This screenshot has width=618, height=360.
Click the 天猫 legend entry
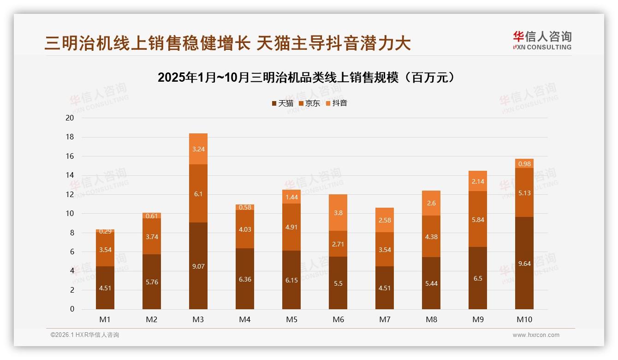(x=282, y=103)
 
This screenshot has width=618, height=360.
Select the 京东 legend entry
(x=309, y=103)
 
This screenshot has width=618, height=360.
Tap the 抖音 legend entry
(x=337, y=103)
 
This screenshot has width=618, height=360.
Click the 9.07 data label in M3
(x=198, y=266)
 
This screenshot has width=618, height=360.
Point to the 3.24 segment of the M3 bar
(x=198, y=149)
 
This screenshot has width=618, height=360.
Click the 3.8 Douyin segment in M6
(x=338, y=213)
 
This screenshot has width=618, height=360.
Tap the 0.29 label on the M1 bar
(x=105, y=232)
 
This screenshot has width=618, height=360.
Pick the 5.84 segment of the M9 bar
(x=477, y=220)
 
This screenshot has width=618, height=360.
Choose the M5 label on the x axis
(x=291, y=319)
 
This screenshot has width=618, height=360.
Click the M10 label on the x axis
(x=524, y=319)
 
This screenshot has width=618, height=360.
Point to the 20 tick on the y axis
(x=70, y=118)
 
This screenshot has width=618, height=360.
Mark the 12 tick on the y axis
(x=70, y=194)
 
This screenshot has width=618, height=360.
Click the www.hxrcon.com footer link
(x=536, y=335)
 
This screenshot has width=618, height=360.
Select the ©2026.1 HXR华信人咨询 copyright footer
(x=85, y=335)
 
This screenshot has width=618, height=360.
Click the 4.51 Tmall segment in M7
(x=385, y=288)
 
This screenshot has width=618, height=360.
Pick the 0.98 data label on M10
(x=524, y=164)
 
